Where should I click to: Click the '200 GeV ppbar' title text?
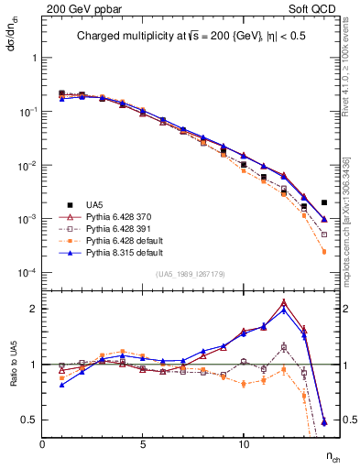[x=79, y=9]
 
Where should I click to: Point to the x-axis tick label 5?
[x=143, y=444]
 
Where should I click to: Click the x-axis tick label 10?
[x=243, y=444]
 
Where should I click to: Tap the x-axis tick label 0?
[x=42, y=444]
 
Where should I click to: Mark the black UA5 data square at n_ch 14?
[x=324, y=202]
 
